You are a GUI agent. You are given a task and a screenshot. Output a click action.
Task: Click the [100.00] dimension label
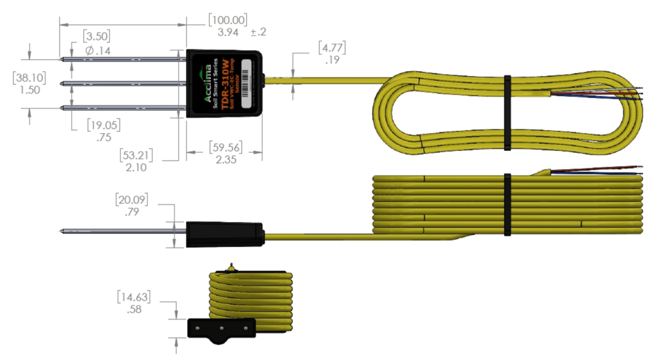[227, 19]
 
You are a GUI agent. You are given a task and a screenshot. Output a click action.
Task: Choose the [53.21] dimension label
[141, 155]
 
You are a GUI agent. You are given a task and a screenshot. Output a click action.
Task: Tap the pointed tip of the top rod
[61, 59]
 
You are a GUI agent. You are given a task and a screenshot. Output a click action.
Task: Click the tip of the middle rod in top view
[61, 83]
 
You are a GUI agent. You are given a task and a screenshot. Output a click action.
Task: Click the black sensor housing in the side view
[224, 235]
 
